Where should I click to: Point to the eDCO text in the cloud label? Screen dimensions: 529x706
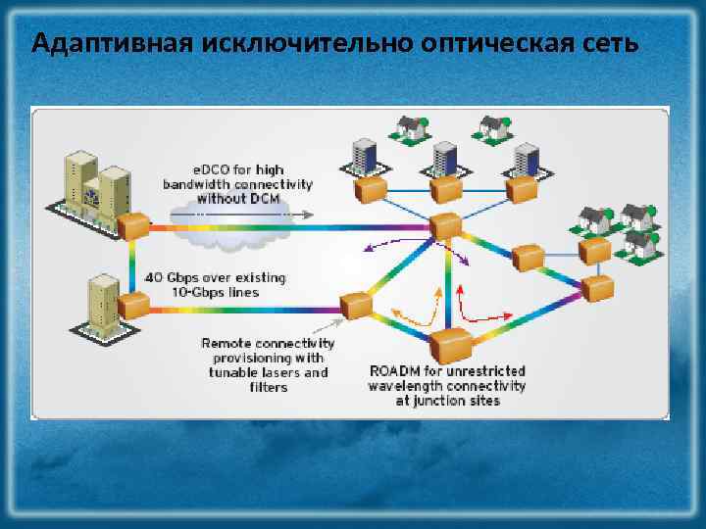pyautogui.click(x=207, y=169)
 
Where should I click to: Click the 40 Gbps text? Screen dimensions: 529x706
pyautogui.click(x=174, y=278)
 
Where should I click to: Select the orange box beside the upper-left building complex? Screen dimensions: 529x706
pyautogui.click(x=134, y=226)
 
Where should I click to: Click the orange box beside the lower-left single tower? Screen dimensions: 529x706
pyautogui.click(x=133, y=306)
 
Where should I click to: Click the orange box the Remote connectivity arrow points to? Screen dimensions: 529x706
pyautogui.click(x=353, y=305)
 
